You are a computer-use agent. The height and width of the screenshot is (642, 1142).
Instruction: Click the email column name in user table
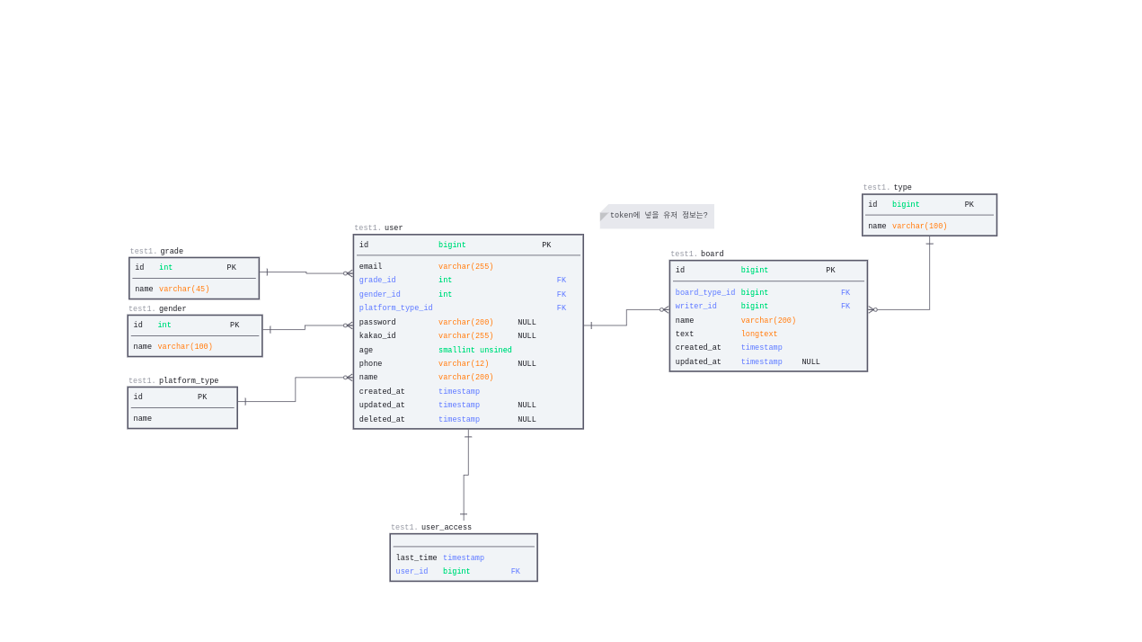(370, 267)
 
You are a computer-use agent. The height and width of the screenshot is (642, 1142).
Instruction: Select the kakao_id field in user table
(377, 336)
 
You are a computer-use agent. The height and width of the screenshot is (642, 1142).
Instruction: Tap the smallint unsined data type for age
(474, 351)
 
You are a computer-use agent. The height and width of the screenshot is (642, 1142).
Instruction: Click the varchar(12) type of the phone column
(464, 364)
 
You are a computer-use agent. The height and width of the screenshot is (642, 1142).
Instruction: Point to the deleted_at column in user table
(382, 420)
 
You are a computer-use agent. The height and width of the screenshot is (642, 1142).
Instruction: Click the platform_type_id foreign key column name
(395, 308)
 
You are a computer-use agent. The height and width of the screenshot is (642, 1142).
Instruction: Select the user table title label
(394, 228)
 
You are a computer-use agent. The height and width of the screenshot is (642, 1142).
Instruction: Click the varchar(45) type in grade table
(184, 290)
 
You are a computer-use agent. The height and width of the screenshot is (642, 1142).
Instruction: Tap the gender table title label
(173, 309)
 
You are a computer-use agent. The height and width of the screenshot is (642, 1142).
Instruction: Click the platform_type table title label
(189, 381)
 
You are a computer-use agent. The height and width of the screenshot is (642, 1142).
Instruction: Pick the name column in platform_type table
(143, 419)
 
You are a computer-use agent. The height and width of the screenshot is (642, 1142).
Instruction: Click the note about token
(658, 216)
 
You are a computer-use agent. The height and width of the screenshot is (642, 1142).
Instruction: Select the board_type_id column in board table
(705, 293)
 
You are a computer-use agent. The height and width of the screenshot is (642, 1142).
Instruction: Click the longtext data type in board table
(759, 334)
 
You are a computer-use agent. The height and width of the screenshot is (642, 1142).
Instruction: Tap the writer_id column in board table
(696, 307)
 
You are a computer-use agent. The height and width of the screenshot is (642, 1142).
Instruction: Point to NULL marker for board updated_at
(810, 362)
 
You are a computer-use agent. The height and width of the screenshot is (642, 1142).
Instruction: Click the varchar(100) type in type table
(919, 227)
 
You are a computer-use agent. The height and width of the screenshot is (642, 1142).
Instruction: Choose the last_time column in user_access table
(416, 558)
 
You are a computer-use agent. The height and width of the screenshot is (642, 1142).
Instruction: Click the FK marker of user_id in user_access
(516, 572)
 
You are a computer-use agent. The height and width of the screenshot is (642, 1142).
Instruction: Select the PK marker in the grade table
(232, 268)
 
